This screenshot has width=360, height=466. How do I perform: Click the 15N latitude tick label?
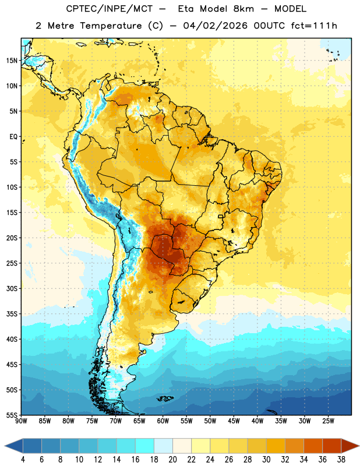12,61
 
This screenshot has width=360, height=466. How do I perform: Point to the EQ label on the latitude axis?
13,137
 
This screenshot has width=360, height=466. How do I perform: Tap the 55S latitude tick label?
12,415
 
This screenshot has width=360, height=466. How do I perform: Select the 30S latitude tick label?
12,288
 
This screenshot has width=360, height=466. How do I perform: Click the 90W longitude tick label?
21,421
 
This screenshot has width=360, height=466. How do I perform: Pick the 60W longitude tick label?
163,421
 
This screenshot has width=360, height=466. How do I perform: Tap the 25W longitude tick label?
328,421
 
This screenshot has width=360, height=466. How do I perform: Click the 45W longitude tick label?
234,421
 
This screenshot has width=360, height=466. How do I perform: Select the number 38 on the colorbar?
341,460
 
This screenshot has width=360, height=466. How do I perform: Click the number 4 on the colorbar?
23,460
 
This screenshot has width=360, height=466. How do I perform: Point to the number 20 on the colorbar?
172,460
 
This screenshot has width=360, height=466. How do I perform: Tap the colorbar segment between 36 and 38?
332,446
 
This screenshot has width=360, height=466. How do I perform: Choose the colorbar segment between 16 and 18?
145,446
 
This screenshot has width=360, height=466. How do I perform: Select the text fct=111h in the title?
314,26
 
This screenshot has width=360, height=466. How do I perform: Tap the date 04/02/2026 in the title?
215,26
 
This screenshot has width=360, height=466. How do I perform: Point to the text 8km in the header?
243,9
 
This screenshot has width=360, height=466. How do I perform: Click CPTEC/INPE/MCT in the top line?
109,9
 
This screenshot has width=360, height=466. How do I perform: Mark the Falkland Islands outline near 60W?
165,398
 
